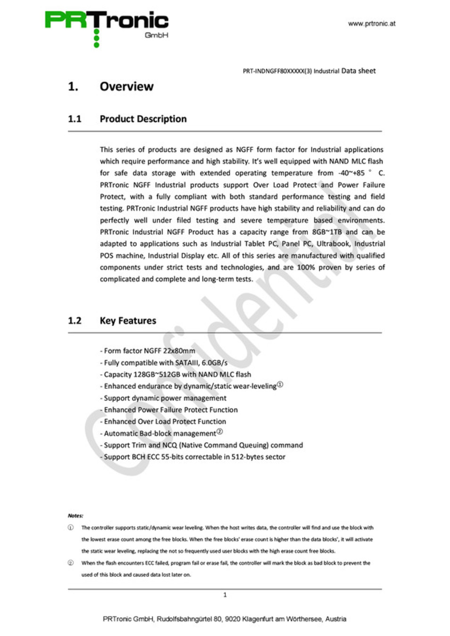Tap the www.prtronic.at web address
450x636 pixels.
coord(372,24)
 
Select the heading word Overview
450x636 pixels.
coord(126,87)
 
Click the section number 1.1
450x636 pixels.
coord(75,119)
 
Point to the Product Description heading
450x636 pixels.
coord(143,119)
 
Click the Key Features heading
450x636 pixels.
coord(128,320)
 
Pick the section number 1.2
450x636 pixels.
coord(75,320)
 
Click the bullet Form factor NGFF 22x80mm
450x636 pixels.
coord(148,351)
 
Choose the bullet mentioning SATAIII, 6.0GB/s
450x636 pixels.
coord(164,362)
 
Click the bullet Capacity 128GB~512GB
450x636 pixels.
coord(175,374)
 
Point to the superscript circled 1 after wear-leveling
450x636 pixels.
coord(280,384)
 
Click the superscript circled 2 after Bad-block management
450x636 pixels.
coord(219,432)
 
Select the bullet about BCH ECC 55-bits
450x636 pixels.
coord(192,457)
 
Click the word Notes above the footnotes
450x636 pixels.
coord(75,515)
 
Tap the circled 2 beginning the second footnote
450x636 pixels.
coord(71,563)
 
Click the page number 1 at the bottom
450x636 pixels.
coord(225,595)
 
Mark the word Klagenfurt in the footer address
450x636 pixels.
coord(258,619)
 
